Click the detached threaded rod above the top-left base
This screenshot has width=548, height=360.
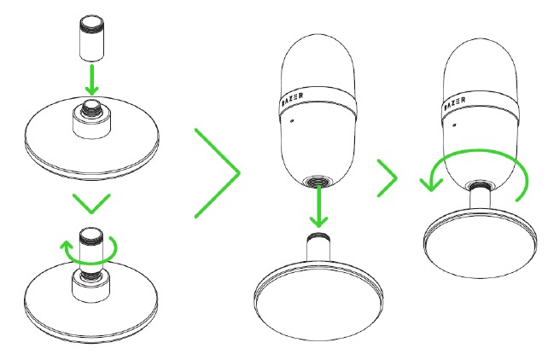pos(92,38)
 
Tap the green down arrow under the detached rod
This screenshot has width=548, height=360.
pos(92,80)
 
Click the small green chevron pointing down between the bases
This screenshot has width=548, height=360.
pos(91,203)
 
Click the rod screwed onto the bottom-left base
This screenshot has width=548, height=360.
pos(91,250)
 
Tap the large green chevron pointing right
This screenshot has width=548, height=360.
pos(218,173)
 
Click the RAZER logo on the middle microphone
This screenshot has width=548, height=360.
pos(292,99)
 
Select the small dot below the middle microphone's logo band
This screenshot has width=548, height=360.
pos(292,121)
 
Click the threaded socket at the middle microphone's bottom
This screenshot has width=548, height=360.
pos(318,182)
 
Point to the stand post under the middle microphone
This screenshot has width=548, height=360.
pos(318,248)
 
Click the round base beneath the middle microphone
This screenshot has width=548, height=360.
pos(318,299)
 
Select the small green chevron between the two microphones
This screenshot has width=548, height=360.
pos(388,178)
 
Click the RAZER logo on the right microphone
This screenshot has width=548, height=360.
pos(455,104)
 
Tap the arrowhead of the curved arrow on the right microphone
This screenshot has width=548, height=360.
pos(430,184)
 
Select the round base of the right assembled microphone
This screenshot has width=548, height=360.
pos(481,242)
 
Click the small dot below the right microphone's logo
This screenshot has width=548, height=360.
pos(454,125)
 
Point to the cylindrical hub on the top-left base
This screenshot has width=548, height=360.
pos(91,124)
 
